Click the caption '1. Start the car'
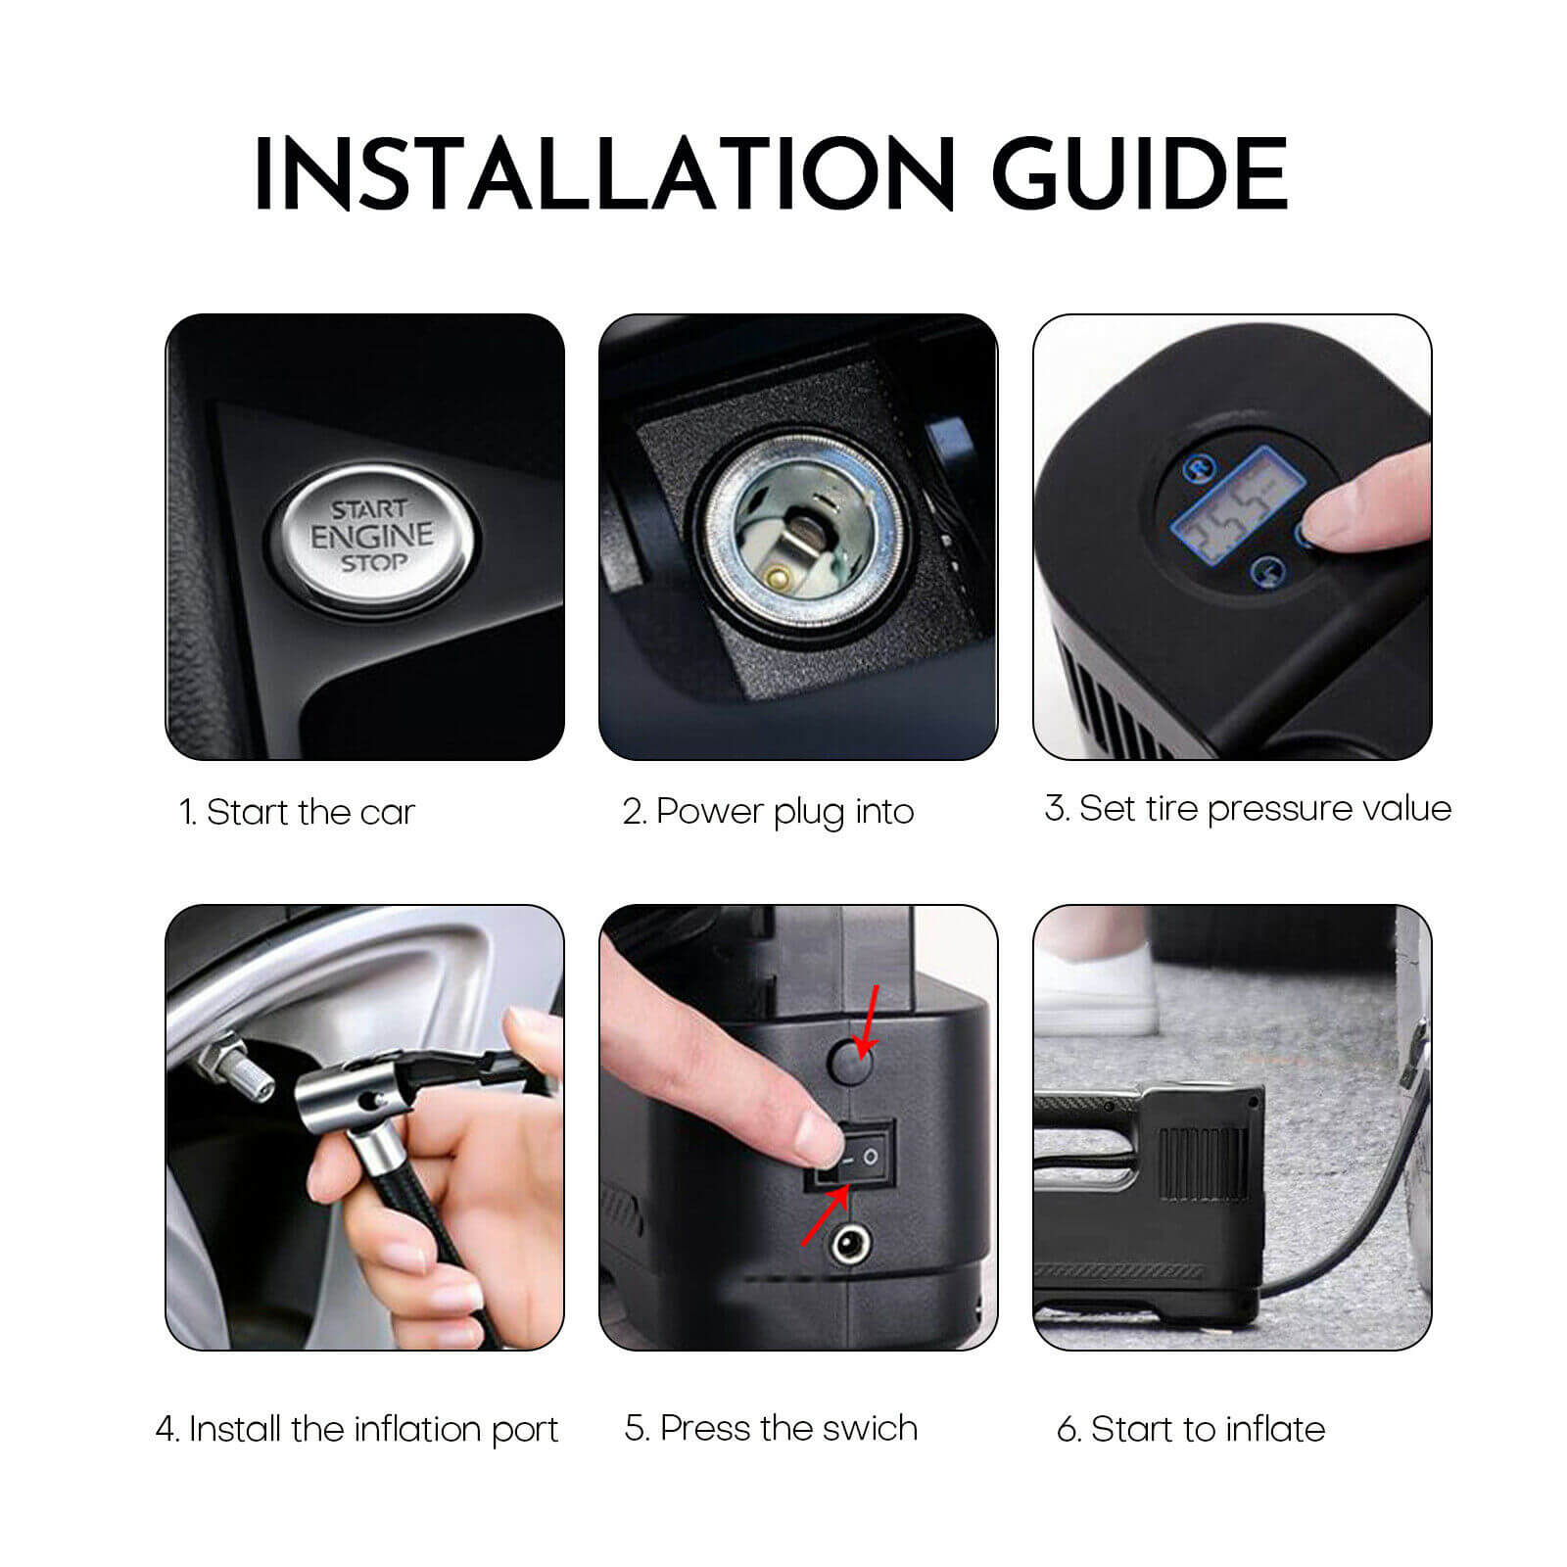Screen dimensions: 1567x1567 coord(297,812)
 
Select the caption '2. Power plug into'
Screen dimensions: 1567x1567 coord(768,811)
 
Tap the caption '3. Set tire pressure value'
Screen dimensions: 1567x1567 coord(1248,809)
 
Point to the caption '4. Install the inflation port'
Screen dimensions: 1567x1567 coord(356,1429)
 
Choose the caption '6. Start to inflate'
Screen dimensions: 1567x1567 coord(1190,1429)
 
